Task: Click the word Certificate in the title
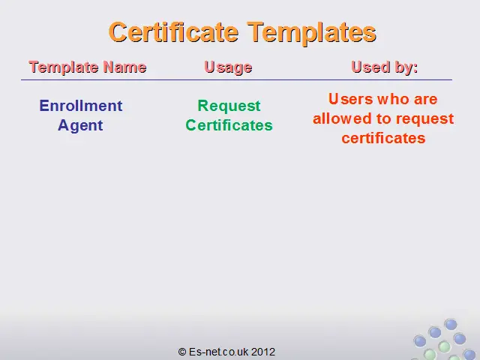(x=173, y=32)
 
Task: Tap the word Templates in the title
(x=312, y=33)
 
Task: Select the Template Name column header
(x=88, y=67)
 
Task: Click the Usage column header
(x=228, y=67)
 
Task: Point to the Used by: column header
(x=385, y=67)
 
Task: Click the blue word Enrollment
(x=81, y=106)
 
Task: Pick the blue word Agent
(x=80, y=126)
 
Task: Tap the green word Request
(x=229, y=106)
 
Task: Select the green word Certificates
(x=229, y=125)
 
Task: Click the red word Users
(x=351, y=99)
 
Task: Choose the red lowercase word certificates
(x=383, y=138)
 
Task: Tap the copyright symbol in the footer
(x=182, y=352)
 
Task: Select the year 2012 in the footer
(x=263, y=352)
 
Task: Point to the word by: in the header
(x=406, y=67)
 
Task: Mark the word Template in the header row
(x=63, y=67)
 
